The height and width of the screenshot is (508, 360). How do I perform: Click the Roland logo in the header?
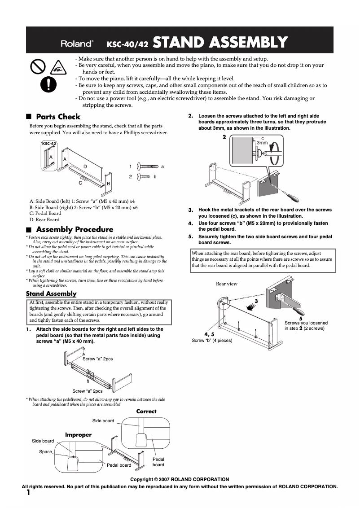click(x=77, y=43)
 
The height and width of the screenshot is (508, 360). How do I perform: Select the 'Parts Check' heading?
click(x=58, y=117)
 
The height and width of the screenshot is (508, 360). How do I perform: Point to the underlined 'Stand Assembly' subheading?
click(x=51, y=293)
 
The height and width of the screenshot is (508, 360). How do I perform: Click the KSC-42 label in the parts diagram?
click(x=49, y=144)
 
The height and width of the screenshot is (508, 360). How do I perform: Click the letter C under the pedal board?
click(x=80, y=183)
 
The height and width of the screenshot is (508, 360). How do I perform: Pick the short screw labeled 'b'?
click(x=144, y=177)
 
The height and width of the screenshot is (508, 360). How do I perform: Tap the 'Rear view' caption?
click(x=227, y=284)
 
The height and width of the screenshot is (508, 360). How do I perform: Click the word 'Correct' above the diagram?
click(x=146, y=411)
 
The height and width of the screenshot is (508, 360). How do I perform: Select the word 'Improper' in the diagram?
click(x=78, y=435)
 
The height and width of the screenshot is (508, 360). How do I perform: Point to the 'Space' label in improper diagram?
click(x=45, y=451)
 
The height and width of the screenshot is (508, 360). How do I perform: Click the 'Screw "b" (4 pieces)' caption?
click(x=212, y=341)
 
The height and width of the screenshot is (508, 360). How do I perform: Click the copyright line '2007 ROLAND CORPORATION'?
click(x=180, y=479)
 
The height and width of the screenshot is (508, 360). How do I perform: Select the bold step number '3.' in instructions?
click(x=190, y=210)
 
